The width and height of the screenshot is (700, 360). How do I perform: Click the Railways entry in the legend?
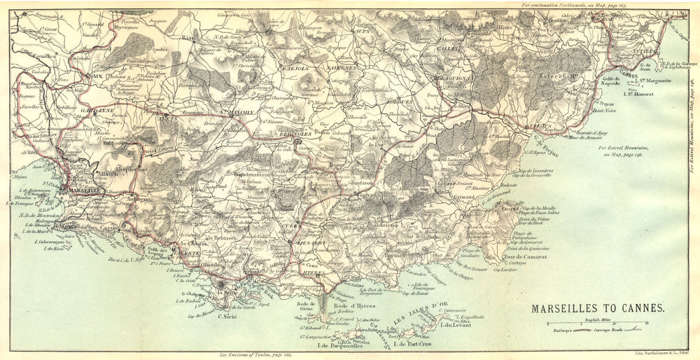[563, 328]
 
